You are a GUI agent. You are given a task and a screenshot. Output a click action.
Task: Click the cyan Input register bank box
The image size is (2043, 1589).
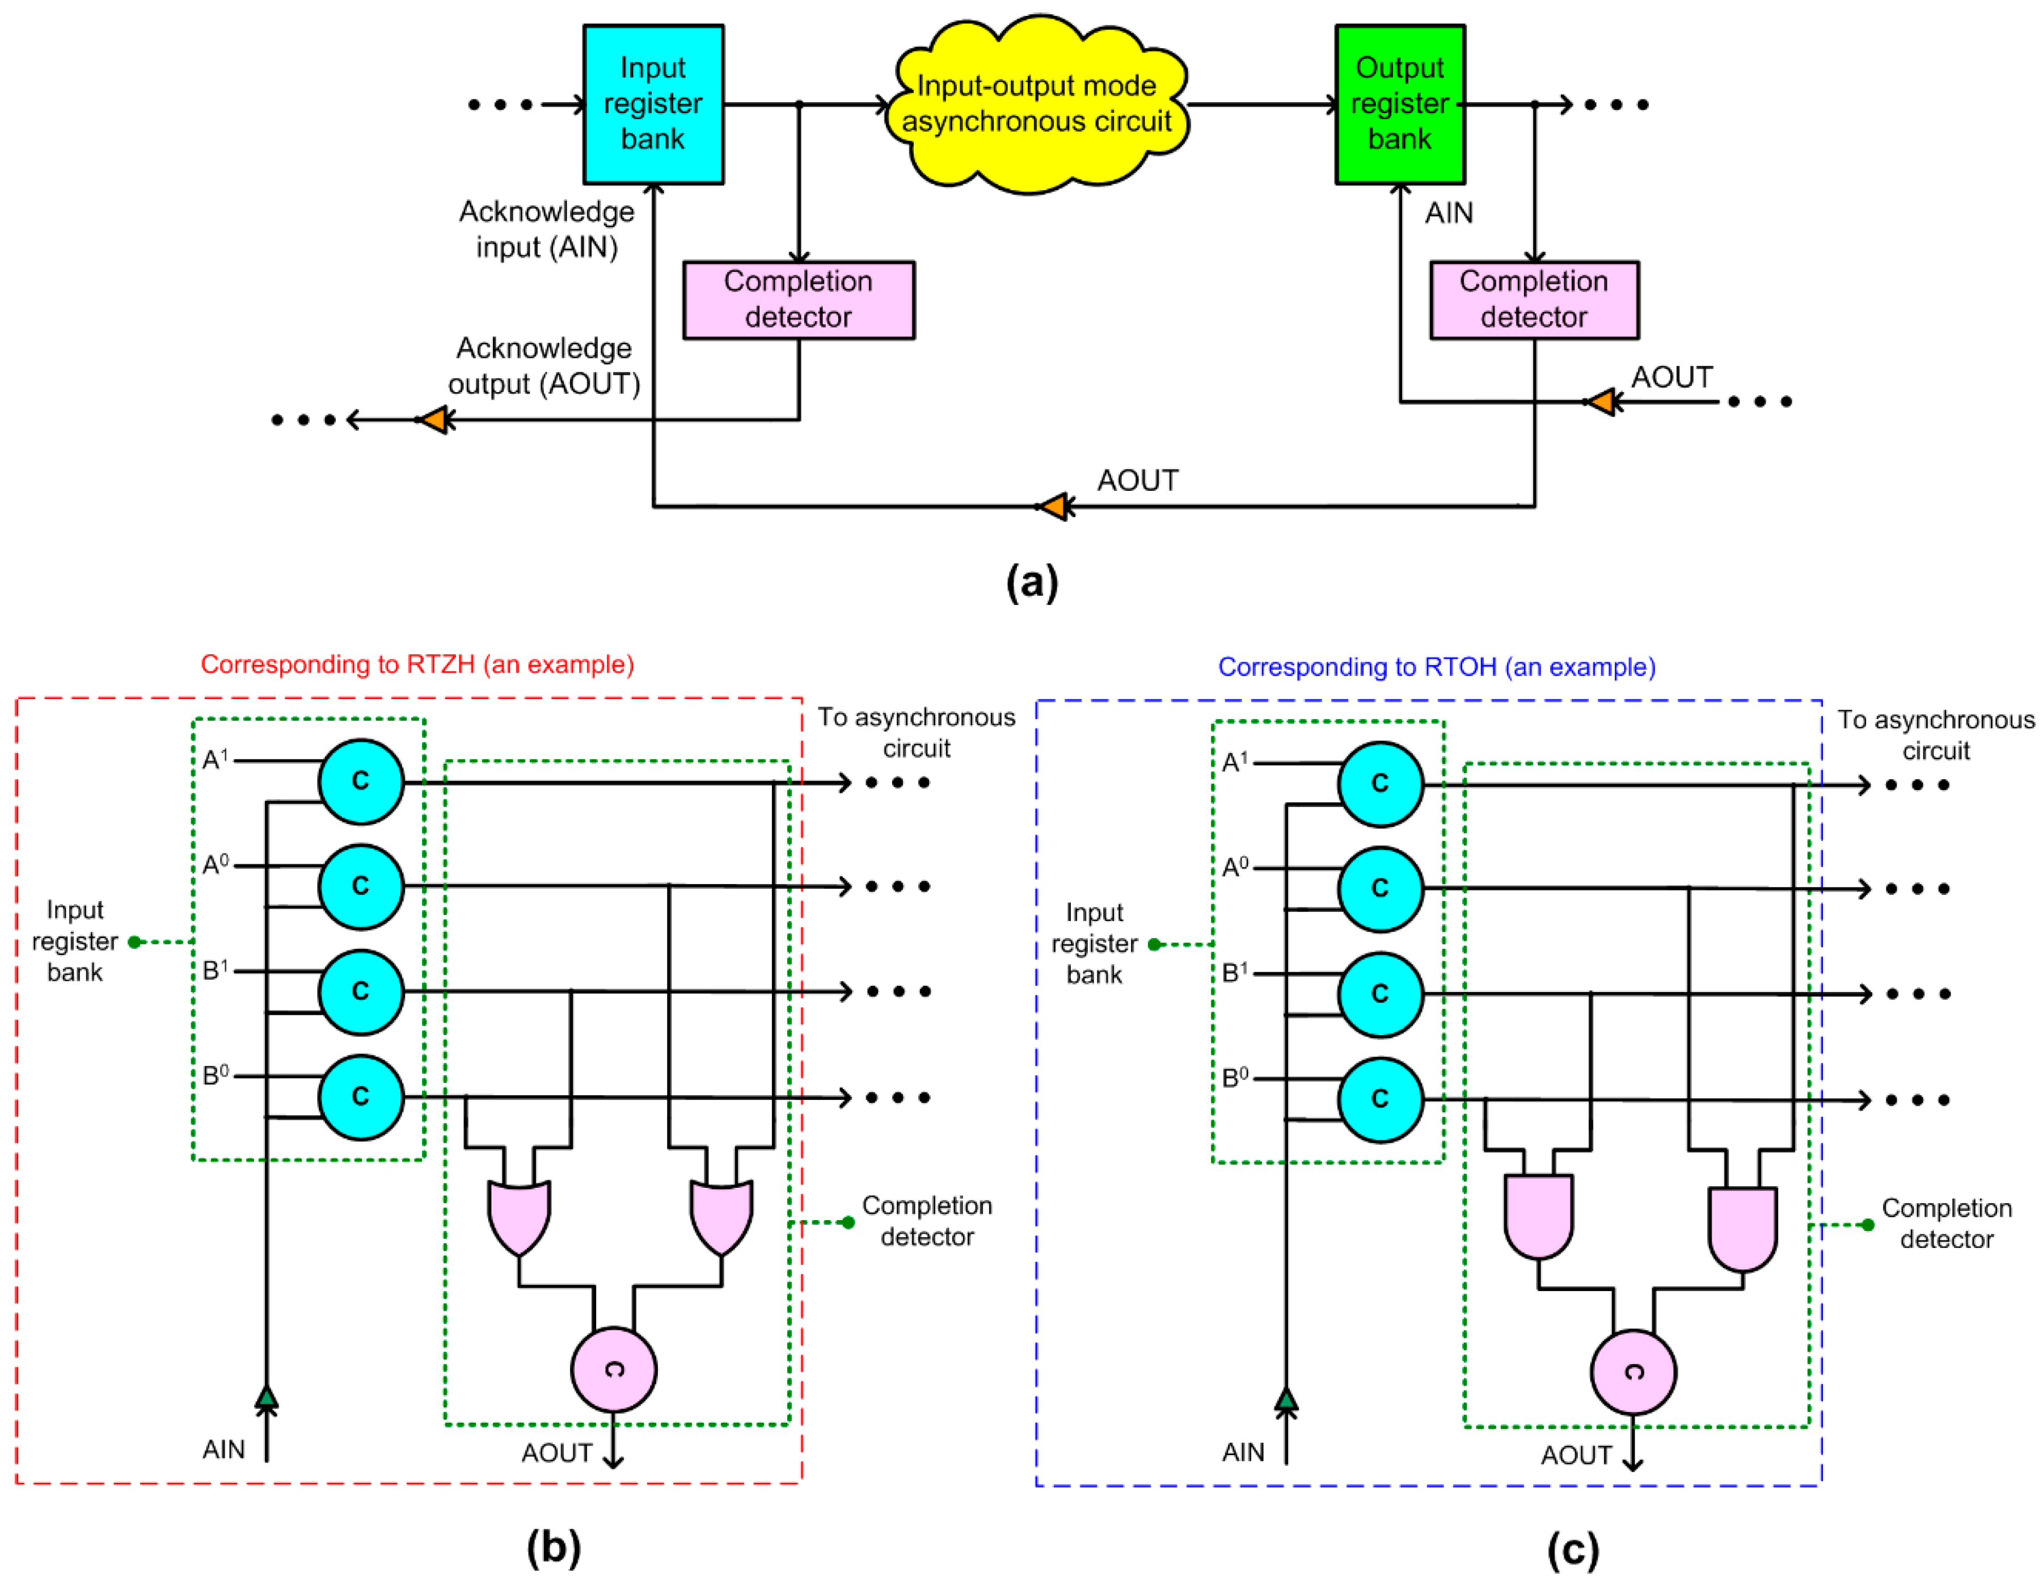[653, 104]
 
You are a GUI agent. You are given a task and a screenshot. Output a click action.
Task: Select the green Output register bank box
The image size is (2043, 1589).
[1399, 104]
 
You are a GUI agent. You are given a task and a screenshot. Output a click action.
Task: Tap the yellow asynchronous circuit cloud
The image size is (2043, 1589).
[1036, 104]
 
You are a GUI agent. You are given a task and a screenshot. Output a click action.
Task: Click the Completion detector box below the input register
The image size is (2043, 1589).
[798, 300]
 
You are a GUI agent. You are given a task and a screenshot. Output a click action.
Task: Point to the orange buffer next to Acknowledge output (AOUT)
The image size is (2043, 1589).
[433, 419]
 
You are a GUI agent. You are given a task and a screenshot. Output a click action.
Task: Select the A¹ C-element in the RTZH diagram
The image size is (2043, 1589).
[361, 781]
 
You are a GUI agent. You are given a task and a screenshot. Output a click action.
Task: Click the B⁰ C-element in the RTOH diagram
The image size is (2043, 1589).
[1380, 1100]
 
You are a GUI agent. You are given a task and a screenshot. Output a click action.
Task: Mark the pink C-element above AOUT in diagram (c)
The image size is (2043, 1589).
[1633, 1372]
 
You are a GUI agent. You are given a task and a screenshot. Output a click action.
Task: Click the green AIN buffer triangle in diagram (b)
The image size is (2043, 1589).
[267, 1397]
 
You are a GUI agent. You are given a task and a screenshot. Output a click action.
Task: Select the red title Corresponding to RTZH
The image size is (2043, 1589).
[417, 665]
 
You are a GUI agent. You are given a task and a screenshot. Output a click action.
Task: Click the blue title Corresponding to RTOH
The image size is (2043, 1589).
[1436, 667]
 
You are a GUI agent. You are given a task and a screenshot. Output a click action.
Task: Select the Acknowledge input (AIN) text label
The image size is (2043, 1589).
[546, 229]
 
